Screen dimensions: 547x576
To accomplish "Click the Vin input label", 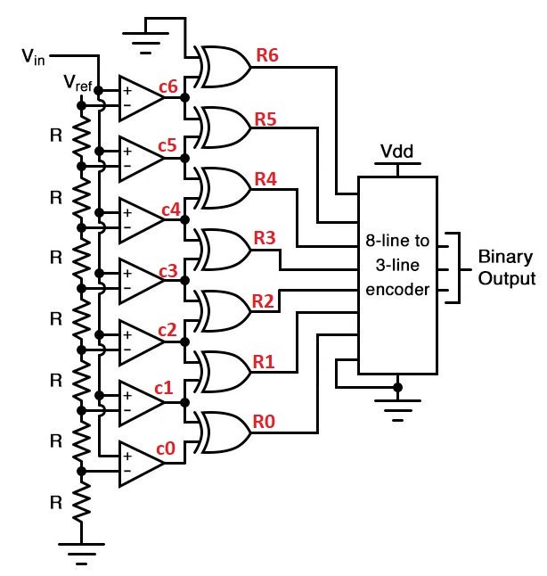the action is pyautogui.click(x=33, y=57).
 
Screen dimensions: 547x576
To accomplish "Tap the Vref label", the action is pyautogui.click(x=78, y=83).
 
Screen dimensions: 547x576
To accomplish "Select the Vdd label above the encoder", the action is pyautogui.click(x=396, y=151).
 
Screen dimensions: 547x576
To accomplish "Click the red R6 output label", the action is pyautogui.click(x=267, y=55).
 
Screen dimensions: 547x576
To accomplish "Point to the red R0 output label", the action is pyautogui.click(x=264, y=422).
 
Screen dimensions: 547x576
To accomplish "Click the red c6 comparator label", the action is pyautogui.click(x=168, y=86).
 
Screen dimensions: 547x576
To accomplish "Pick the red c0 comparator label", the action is pyautogui.click(x=166, y=448).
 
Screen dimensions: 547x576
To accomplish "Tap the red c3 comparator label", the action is pyautogui.click(x=168, y=271).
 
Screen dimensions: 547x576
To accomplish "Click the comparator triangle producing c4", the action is pyautogui.click(x=142, y=220).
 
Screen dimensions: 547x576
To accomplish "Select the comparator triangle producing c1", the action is pyautogui.click(x=142, y=403).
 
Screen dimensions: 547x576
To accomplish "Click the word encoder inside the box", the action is pyautogui.click(x=397, y=290).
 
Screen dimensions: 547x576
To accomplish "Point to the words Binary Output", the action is pyautogui.click(x=506, y=267).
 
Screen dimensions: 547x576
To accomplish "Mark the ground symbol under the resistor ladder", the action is pyautogui.click(x=81, y=554).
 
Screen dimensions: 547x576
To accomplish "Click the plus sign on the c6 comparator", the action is pyautogui.click(x=127, y=90).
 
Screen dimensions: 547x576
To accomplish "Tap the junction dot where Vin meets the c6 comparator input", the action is pyautogui.click(x=99, y=90).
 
